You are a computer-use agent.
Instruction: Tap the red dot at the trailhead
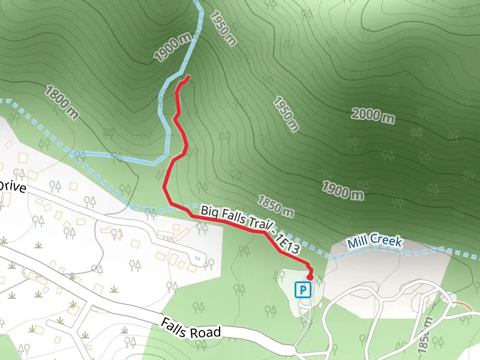coord(310,277)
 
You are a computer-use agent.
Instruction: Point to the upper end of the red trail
coord(188,77)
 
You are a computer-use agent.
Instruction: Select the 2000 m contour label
coord(373,115)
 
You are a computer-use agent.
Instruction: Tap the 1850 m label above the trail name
coord(276,206)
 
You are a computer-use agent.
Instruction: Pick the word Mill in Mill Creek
coord(358,244)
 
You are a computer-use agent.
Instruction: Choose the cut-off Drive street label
coord(12,187)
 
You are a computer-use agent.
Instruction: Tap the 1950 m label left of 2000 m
coord(285,113)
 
